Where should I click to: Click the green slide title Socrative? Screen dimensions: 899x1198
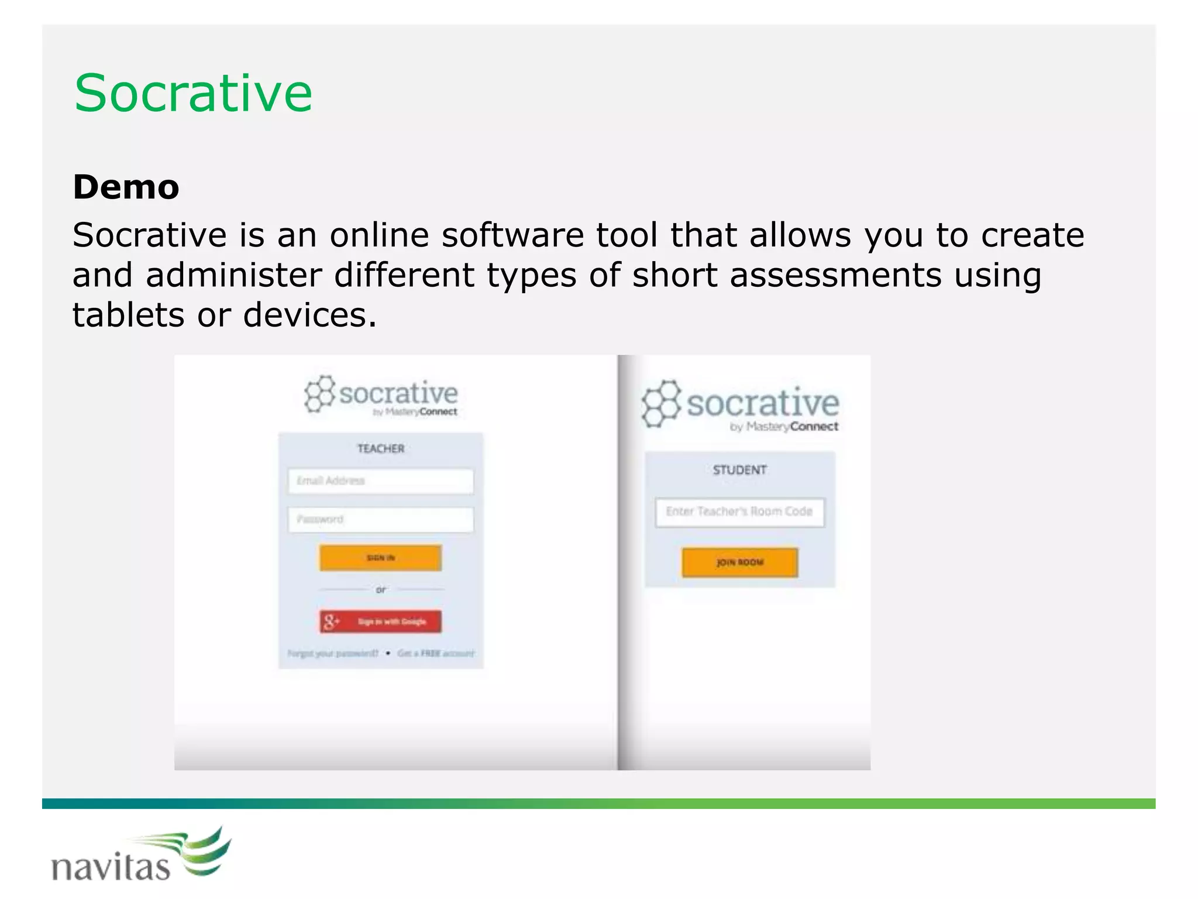pos(193,94)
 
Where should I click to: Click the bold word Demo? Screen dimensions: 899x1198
pos(126,187)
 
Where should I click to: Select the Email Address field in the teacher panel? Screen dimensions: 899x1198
pos(380,481)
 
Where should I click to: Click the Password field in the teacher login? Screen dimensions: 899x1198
pos(380,520)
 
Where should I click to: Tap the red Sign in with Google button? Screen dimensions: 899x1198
pos(380,622)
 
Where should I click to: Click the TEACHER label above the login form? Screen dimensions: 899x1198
pos(381,449)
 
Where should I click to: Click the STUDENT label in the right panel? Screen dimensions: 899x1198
pos(739,470)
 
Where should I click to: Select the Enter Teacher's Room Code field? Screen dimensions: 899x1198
pos(739,512)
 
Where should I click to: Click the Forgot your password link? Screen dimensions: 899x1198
pos(333,653)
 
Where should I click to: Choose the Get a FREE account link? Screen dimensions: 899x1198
pos(436,653)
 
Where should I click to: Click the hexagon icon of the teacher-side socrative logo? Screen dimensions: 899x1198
pos(319,394)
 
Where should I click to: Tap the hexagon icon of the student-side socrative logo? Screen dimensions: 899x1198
pos(661,404)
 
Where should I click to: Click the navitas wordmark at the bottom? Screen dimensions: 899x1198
pos(111,867)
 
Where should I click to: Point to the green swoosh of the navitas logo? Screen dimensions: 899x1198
pos(202,852)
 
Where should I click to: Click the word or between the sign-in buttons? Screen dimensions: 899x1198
pos(381,590)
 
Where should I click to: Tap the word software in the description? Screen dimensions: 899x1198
pos(512,235)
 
